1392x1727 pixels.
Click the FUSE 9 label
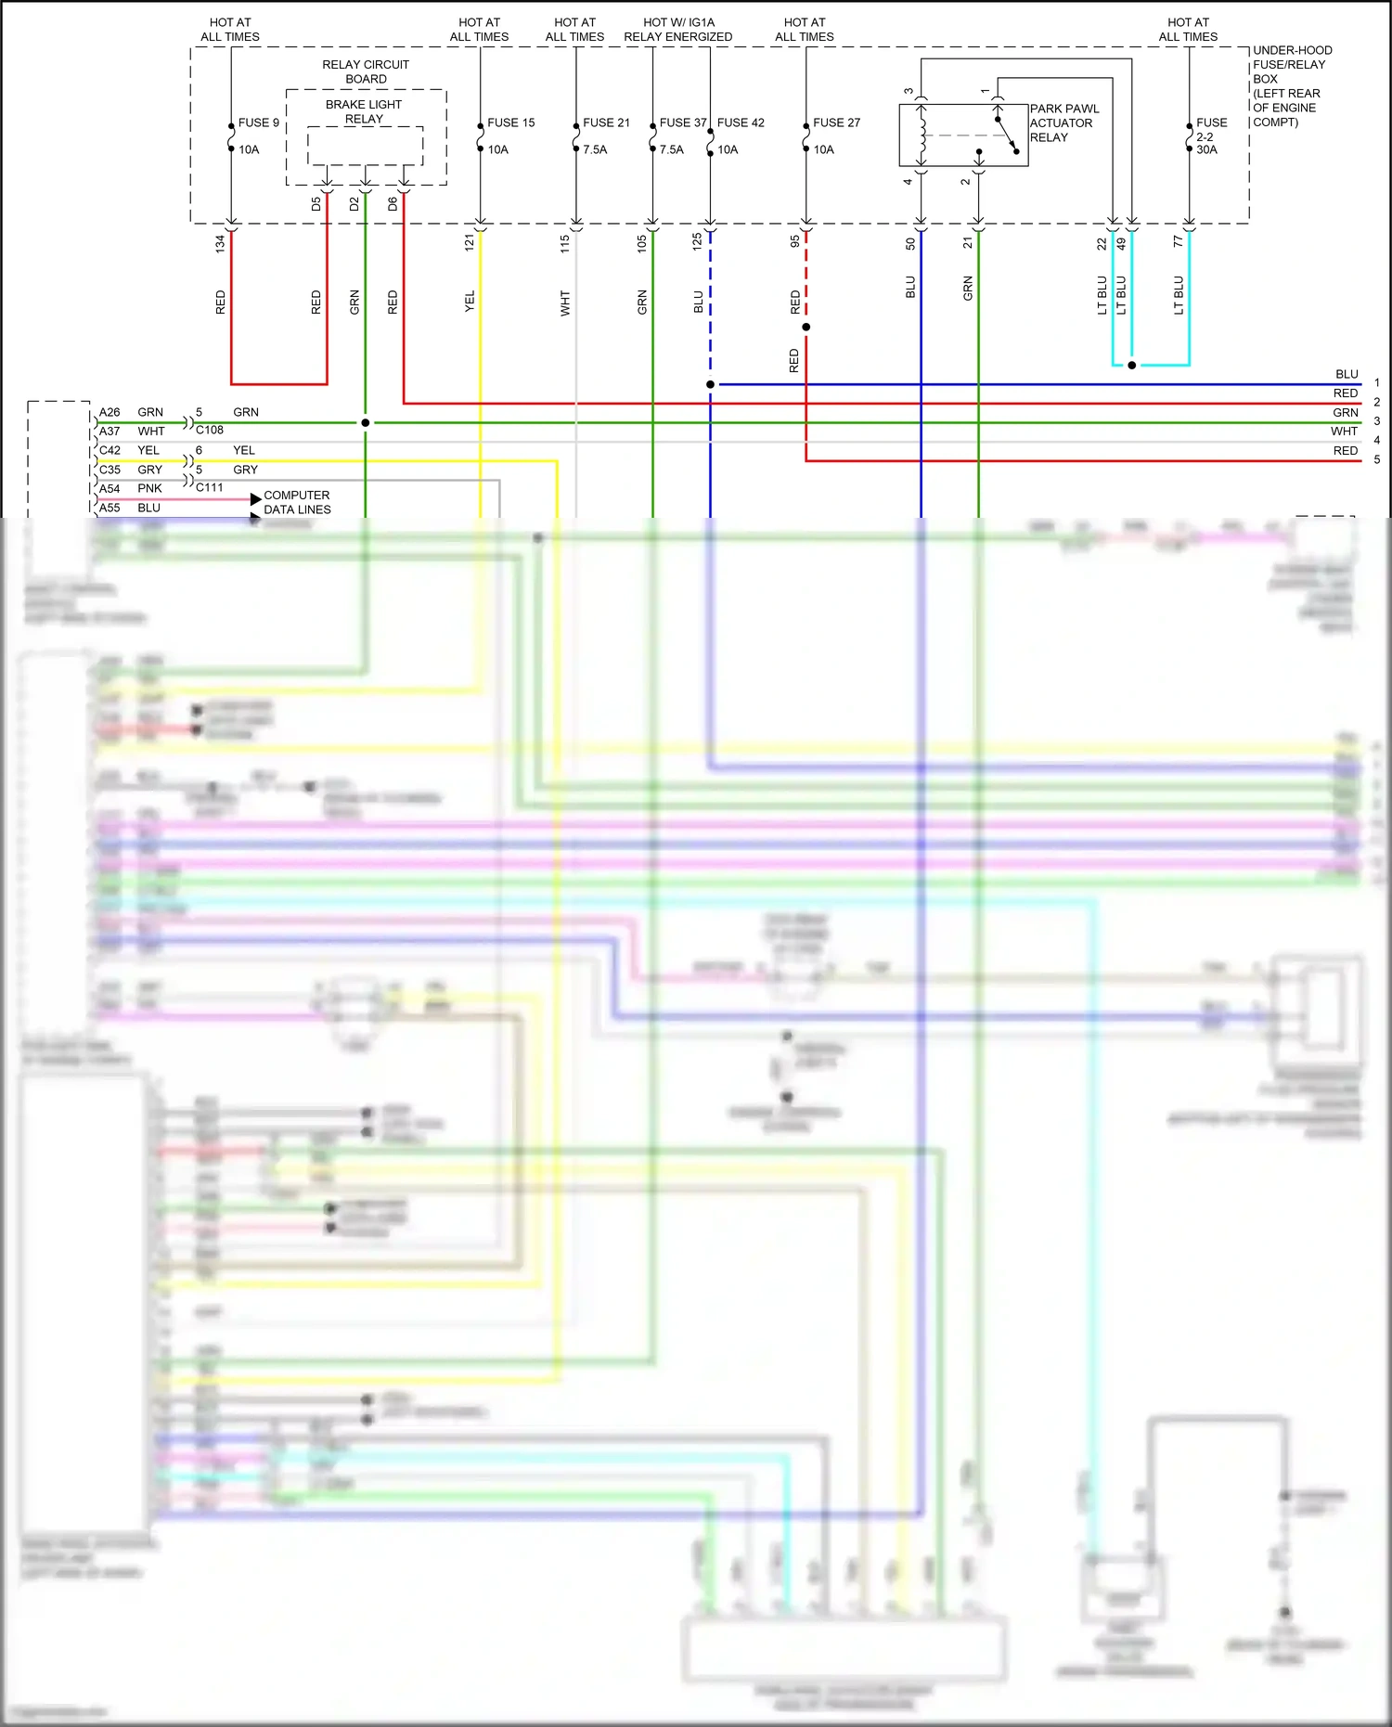(x=258, y=122)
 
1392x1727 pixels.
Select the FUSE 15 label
(x=510, y=122)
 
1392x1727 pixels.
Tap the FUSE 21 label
(x=606, y=122)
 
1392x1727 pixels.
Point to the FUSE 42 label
(x=741, y=122)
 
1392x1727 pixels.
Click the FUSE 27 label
(x=836, y=122)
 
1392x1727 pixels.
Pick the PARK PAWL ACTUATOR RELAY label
(x=1063, y=122)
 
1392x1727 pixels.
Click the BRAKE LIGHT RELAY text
(x=364, y=111)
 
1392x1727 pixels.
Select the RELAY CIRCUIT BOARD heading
(x=366, y=71)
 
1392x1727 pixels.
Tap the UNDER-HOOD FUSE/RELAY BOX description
(x=1292, y=85)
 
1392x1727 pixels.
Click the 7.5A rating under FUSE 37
(x=671, y=149)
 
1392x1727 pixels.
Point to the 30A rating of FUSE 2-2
(x=1206, y=149)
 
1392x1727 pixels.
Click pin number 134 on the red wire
(x=220, y=244)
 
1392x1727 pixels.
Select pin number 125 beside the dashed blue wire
(x=697, y=242)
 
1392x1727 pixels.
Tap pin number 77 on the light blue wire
(x=1178, y=241)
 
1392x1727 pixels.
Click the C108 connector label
(x=210, y=430)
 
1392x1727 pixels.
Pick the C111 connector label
(x=210, y=487)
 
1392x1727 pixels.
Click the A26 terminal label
(x=110, y=412)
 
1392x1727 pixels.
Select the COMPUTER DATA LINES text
(x=297, y=502)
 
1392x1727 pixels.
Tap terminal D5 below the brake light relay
(x=316, y=203)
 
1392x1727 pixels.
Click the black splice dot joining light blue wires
(x=1131, y=365)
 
